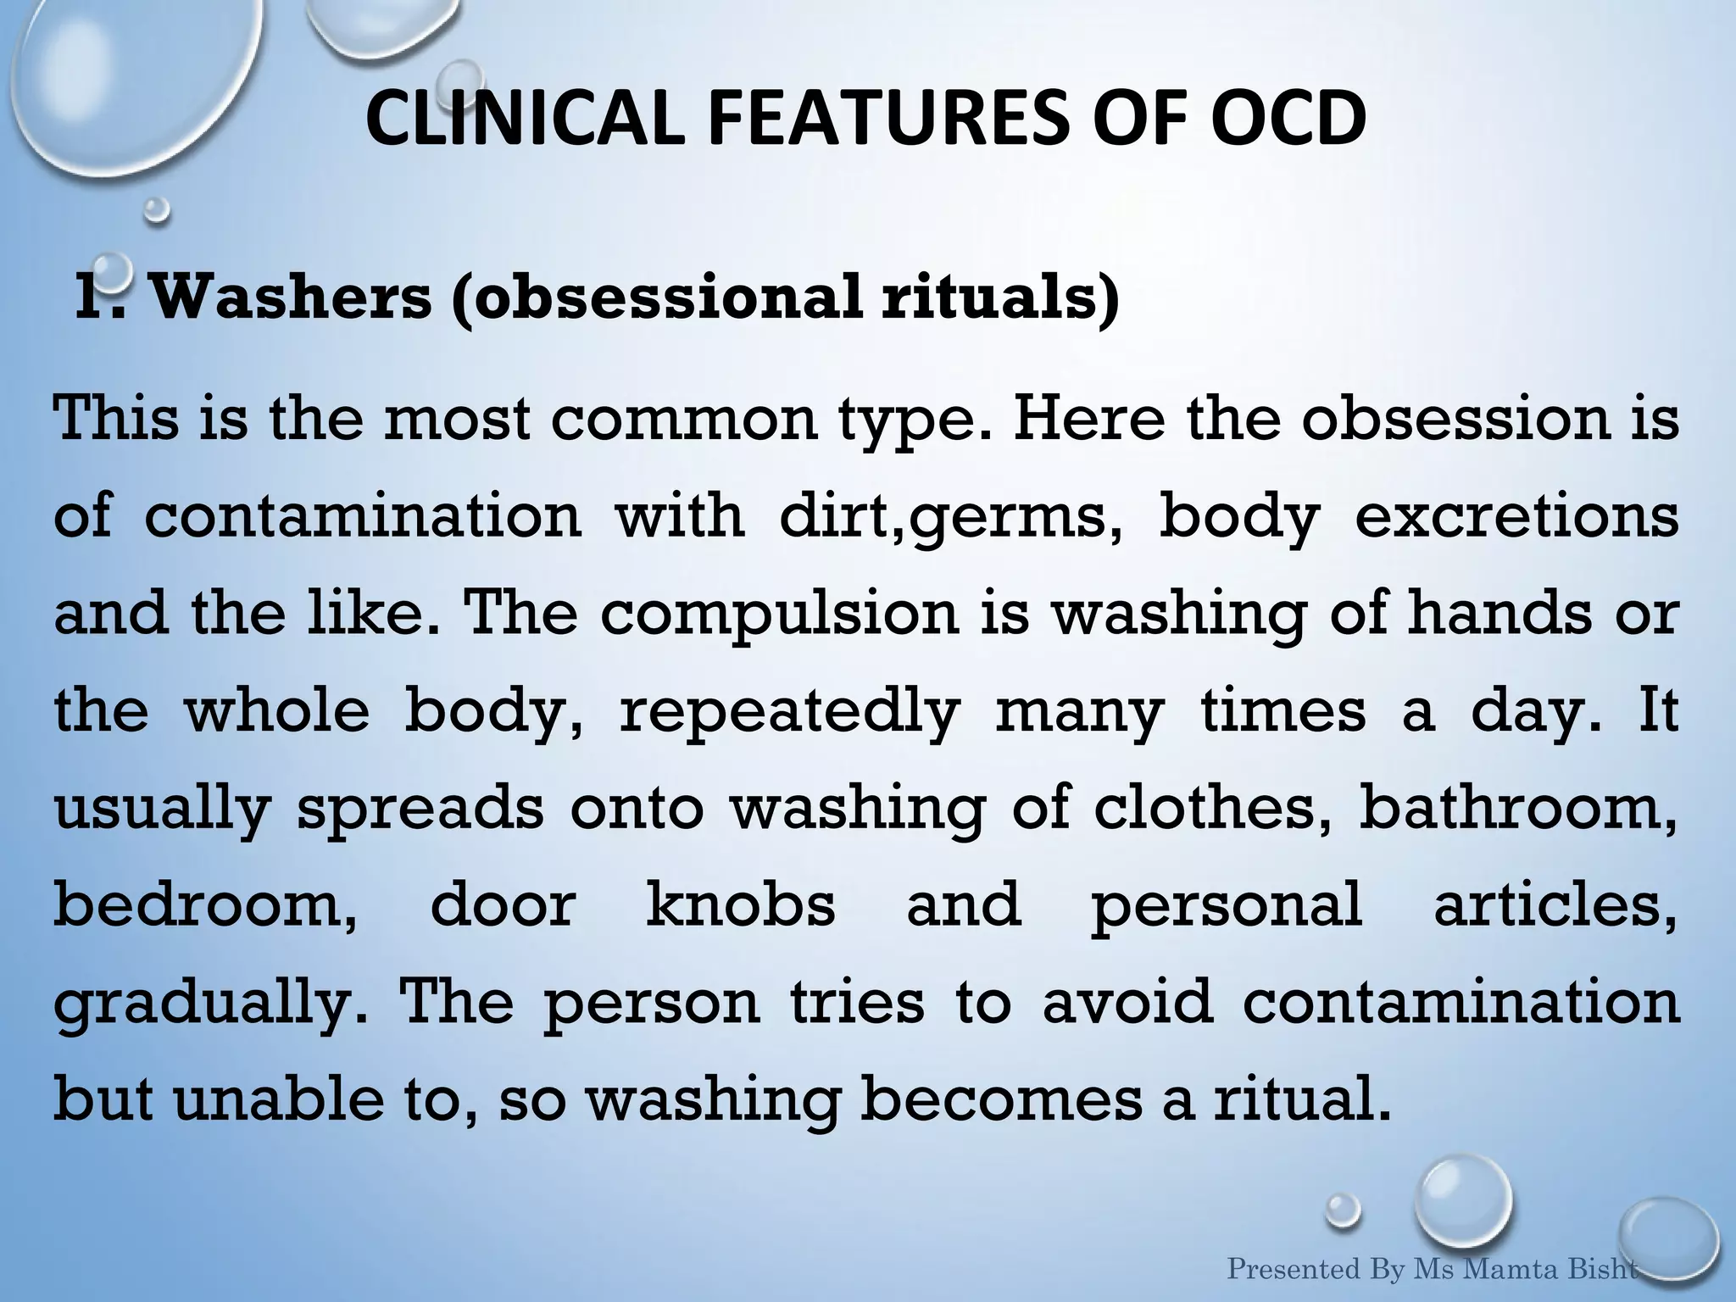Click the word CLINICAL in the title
tap(524, 119)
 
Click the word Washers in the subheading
tap(290, 297)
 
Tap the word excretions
tap(1516, 517)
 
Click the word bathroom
tap(1517, 807)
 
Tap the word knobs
tap(740, 904)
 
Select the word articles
tap(1554, 904)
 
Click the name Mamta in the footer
tap(1512, 1270)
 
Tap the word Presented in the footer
tap(1295, 1270)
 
